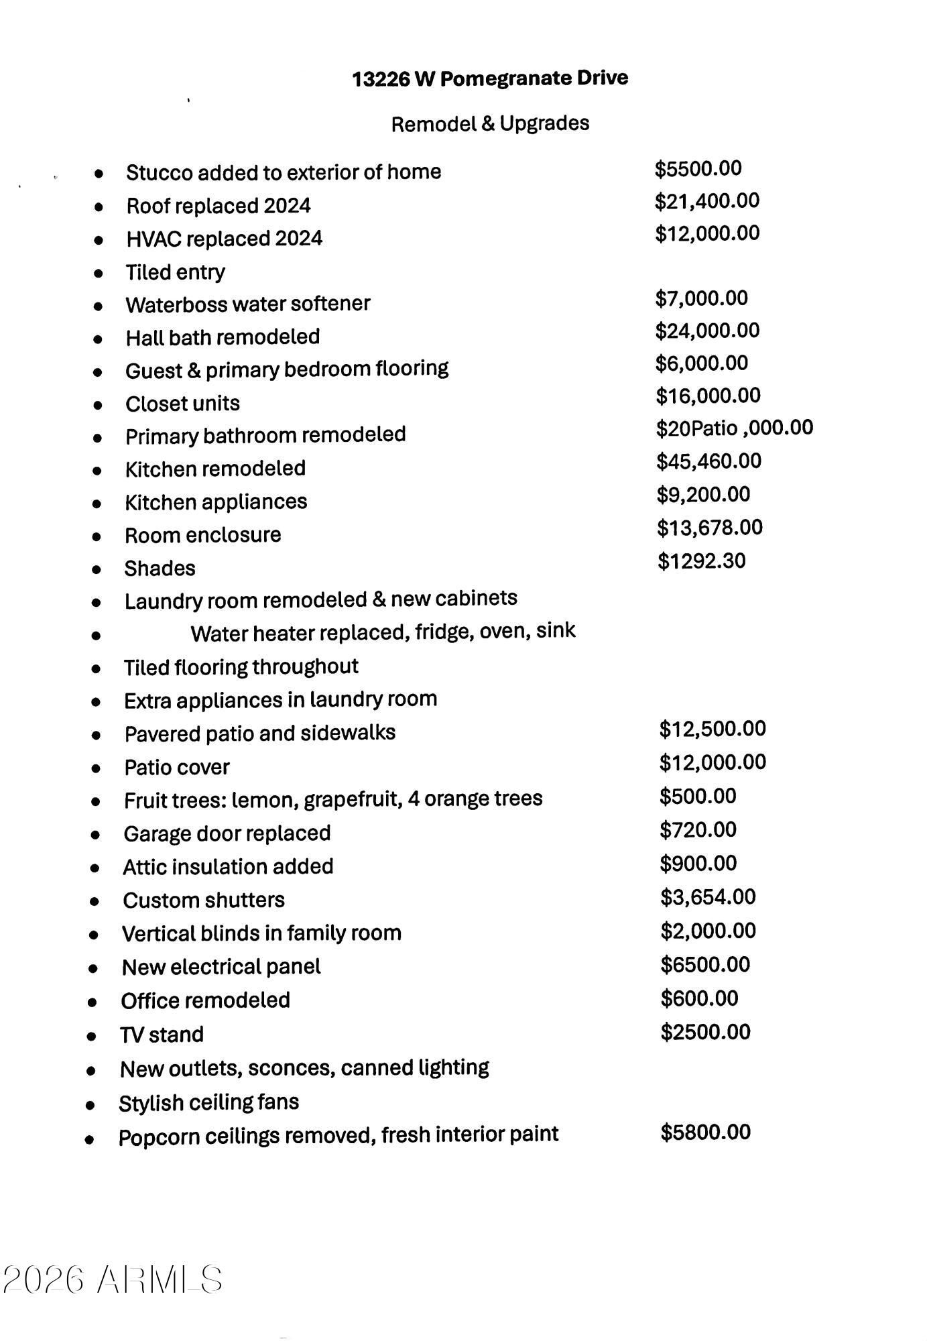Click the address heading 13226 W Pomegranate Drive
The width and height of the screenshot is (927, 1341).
pyautogui.click(x=490, y=78)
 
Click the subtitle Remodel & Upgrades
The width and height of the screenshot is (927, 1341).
pyautogui.click(x=490, y=123)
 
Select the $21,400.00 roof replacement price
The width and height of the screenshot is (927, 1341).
pyautogui.click(x=707, y=200)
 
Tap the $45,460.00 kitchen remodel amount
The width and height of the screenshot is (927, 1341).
pyautogui.click(x=708, y=461)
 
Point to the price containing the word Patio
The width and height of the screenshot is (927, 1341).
pyautogui.click(x=734, y=428)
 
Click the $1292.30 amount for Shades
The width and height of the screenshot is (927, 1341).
pyautogui.click(x=701, y=561)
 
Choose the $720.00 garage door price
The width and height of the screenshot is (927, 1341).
pyautogui.click(x=698, y=830)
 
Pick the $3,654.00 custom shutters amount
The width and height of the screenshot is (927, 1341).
pyautogui.click(x=708, y=897)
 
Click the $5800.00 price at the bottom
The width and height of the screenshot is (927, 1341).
pyautogui.click(x=705, y=1132)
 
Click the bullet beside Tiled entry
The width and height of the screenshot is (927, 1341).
pyautogui.click(x=99, y=274)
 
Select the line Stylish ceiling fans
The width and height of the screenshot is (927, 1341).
pyautogui.click(x=208, y=1103)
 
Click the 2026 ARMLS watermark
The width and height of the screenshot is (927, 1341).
pyautogui.click(x=113, y=1279)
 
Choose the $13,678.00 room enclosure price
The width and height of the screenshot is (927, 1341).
pyautogui.click(x=709, y=528)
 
